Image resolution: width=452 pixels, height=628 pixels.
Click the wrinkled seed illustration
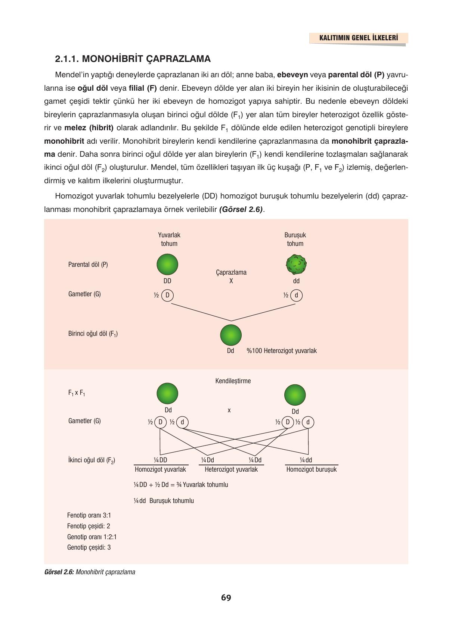296,265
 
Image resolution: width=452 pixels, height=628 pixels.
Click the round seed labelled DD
167,265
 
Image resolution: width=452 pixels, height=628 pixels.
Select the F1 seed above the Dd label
231,335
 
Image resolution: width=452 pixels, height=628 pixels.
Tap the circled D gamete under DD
167,296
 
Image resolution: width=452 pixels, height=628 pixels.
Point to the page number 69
226,598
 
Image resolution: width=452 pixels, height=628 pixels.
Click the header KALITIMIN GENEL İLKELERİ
358,38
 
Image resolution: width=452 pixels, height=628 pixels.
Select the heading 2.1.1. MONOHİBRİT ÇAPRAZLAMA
133,59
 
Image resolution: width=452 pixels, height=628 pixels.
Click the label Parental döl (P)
88,265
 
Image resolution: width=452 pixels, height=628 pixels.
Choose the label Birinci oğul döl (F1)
93,334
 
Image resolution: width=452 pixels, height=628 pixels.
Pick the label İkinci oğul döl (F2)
92,460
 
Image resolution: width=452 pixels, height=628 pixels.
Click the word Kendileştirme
233,381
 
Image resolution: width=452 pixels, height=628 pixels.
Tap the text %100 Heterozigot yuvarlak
281,351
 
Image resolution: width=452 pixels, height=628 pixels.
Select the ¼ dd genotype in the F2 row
306,460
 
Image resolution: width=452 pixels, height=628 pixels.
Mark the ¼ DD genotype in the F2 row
160,460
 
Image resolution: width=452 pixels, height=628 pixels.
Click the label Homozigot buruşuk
311,469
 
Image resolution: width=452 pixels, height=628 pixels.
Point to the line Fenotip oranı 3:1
89,515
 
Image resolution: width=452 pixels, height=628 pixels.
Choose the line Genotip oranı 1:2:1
92,537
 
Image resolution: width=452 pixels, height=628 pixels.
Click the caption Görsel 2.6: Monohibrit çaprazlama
90,572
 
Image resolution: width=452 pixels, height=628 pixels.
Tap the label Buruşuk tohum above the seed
295,239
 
